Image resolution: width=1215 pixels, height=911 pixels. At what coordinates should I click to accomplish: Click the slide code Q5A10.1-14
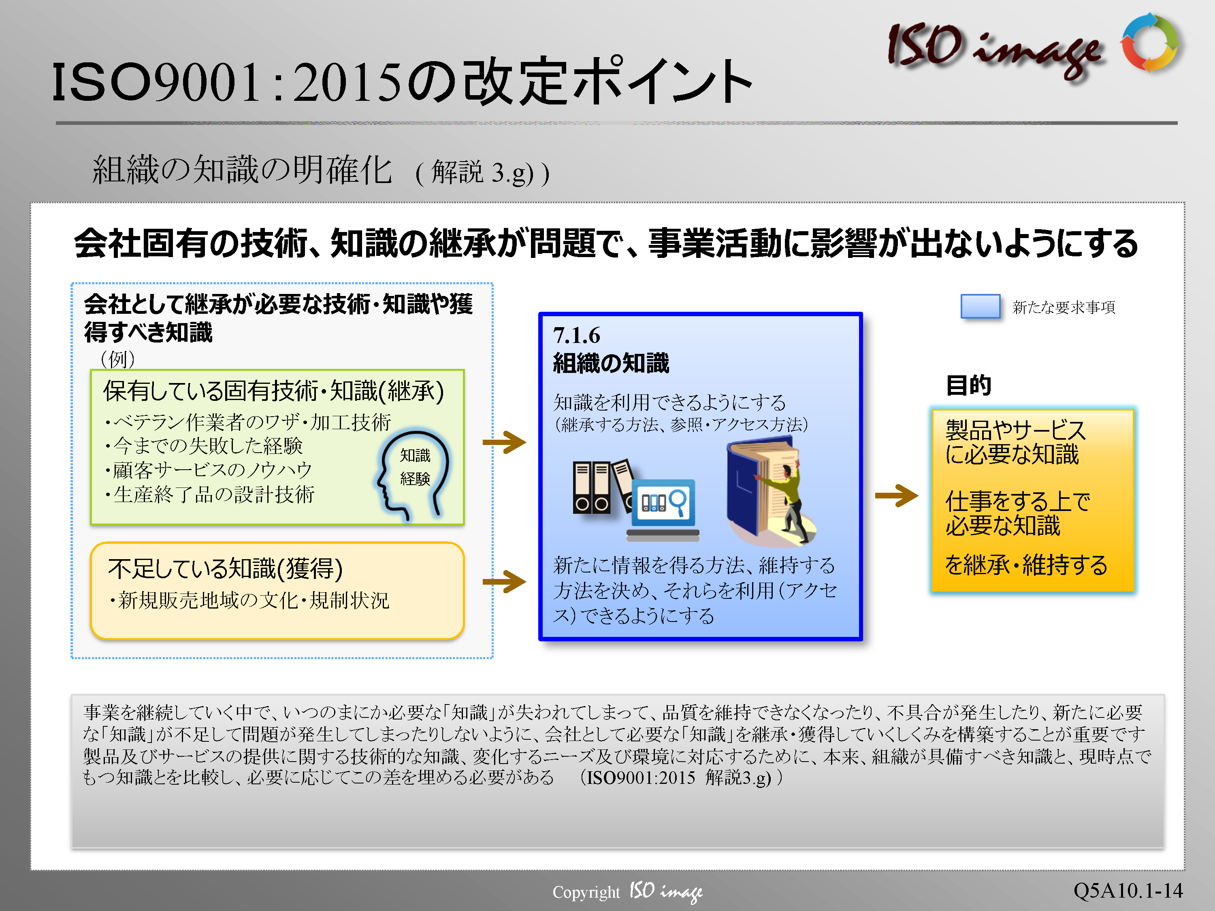pos(1128,890)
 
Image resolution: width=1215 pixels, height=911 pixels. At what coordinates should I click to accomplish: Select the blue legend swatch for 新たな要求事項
pos(980,306)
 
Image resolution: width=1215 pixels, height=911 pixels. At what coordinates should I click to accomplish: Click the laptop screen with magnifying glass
pos(663,502)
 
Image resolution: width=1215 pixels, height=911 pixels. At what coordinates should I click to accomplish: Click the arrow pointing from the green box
pos(504,442)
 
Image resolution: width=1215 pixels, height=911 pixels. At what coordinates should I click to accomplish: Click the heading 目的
pos(968,385)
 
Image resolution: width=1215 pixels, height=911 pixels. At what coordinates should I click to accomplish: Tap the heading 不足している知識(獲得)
pos(225,568)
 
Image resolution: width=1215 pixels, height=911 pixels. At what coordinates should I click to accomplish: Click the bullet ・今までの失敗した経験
pos(203,446)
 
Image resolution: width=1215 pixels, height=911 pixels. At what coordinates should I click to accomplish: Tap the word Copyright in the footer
pos(586,892)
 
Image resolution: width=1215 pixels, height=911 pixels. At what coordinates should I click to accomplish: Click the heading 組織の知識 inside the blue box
pos(611,363)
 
